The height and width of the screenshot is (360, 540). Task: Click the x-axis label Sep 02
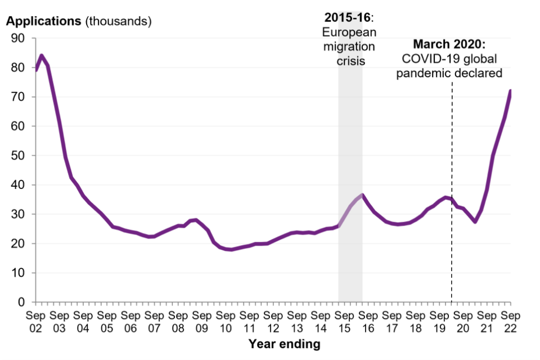coord(36,321)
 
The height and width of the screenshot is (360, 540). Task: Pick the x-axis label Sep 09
coord(202,321)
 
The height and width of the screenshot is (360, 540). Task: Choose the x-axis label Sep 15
coord(344,321)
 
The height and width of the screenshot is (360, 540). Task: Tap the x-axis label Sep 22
coord(510,321)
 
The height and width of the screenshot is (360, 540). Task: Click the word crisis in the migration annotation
coord(350,60)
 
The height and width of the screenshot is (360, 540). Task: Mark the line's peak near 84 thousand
coord(42,56)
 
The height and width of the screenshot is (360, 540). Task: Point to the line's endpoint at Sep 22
coord(510,91)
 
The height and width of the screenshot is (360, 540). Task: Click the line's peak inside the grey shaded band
coord(362,196)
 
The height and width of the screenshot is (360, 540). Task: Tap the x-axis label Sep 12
coord(273,321)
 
